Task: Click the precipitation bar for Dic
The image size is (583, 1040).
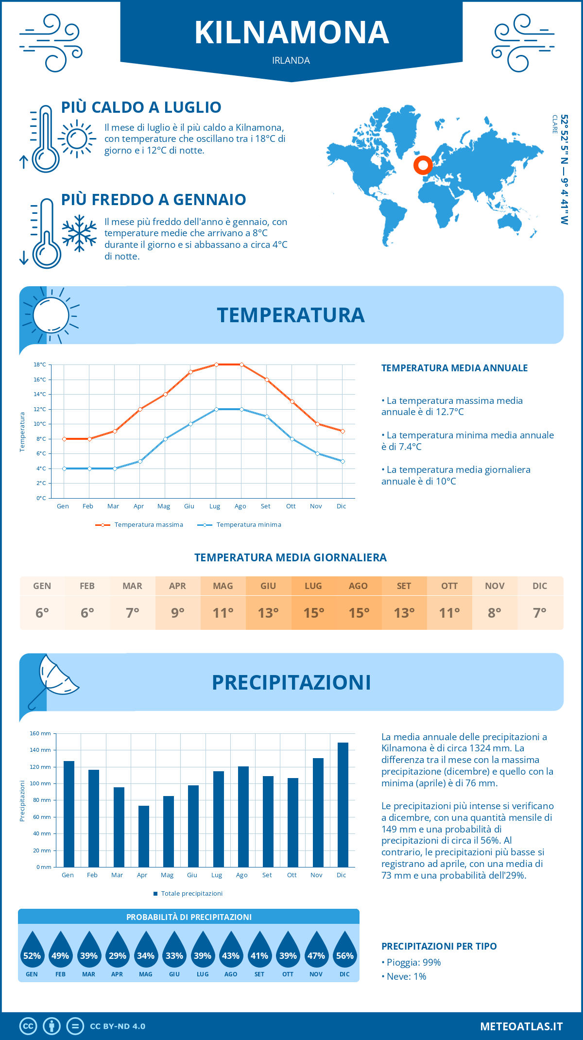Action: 343,805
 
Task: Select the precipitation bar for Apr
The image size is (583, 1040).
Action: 144,836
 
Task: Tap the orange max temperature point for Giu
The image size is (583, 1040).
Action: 191,372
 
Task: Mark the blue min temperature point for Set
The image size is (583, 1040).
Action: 267,416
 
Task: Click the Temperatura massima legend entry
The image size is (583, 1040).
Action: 139,525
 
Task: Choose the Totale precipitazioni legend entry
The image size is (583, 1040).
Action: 188,894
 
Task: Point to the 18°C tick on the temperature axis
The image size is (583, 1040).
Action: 40,364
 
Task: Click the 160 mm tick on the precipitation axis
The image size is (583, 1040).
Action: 41,733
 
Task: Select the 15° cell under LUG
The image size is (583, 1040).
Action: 313,613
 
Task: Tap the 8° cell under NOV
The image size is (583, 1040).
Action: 495,613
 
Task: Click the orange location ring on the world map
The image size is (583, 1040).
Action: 423,165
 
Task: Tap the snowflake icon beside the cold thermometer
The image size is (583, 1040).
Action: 79,233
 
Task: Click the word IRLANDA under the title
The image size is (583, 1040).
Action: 291,60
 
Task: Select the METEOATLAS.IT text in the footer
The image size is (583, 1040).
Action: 521,1026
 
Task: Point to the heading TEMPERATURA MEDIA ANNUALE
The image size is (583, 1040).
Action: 454,368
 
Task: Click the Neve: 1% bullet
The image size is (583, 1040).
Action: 404,977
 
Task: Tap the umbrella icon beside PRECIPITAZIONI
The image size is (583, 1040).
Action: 53,680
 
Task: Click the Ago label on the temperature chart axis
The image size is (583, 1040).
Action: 240,506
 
